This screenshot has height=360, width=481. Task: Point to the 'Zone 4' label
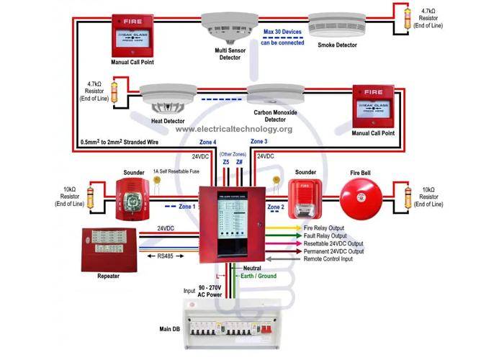(207, 143)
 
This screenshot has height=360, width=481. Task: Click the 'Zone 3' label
(259, 142)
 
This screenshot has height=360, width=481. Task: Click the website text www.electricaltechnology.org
(233, 129)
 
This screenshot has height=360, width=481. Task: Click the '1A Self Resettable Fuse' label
(176, 171)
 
